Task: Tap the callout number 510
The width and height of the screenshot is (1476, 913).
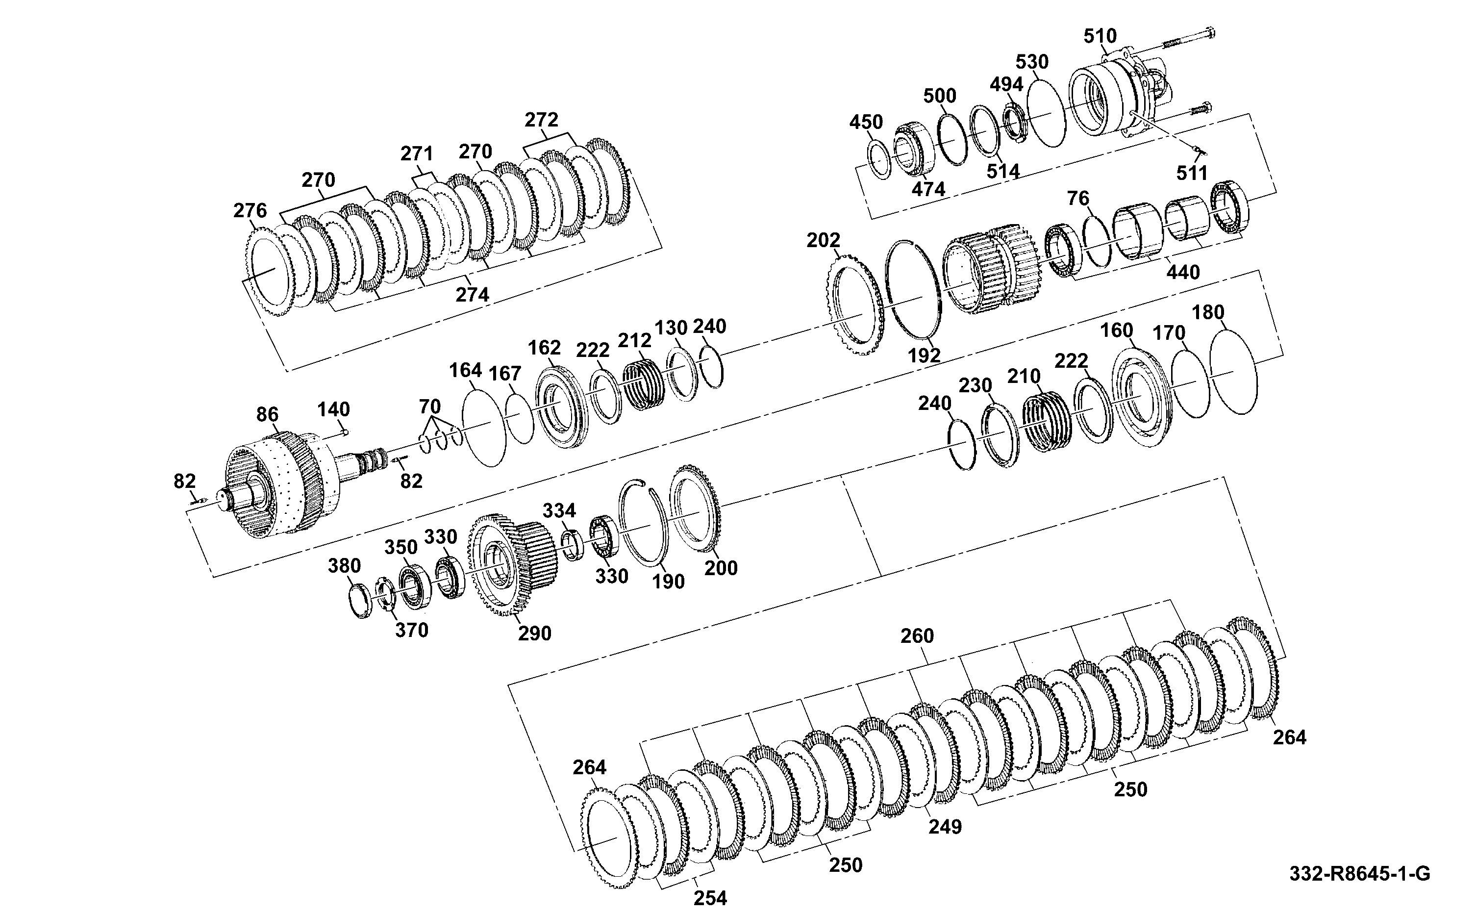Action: (1100, 36)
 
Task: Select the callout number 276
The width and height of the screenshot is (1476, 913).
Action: (250, 210)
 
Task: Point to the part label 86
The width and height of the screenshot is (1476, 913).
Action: (267, 414)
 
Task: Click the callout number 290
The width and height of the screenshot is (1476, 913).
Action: (535, 634)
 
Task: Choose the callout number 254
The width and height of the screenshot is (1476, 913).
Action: (710, 898)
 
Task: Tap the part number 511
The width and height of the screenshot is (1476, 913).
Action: (1192, 173)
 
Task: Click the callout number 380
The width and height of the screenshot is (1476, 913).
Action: (344, 566)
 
